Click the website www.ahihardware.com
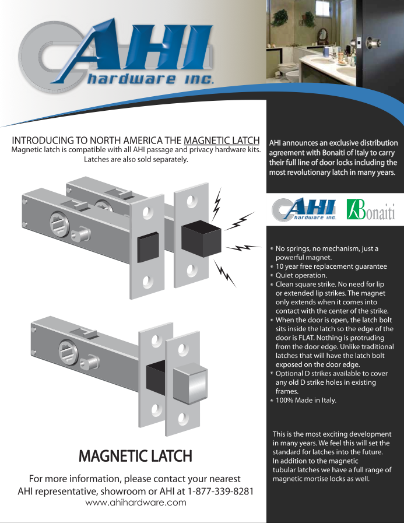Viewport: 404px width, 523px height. tap(136, 503)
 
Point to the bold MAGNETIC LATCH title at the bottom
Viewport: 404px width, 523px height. tap(135, 455)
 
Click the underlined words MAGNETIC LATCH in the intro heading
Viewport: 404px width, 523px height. tap(222, 141)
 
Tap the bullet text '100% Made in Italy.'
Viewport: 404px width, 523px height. tap(305, 401)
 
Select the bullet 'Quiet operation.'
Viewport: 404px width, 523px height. tap(301, 275)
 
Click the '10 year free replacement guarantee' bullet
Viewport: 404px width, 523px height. tap(331, 266)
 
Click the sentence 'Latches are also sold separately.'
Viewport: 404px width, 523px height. tap(136, 159)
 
